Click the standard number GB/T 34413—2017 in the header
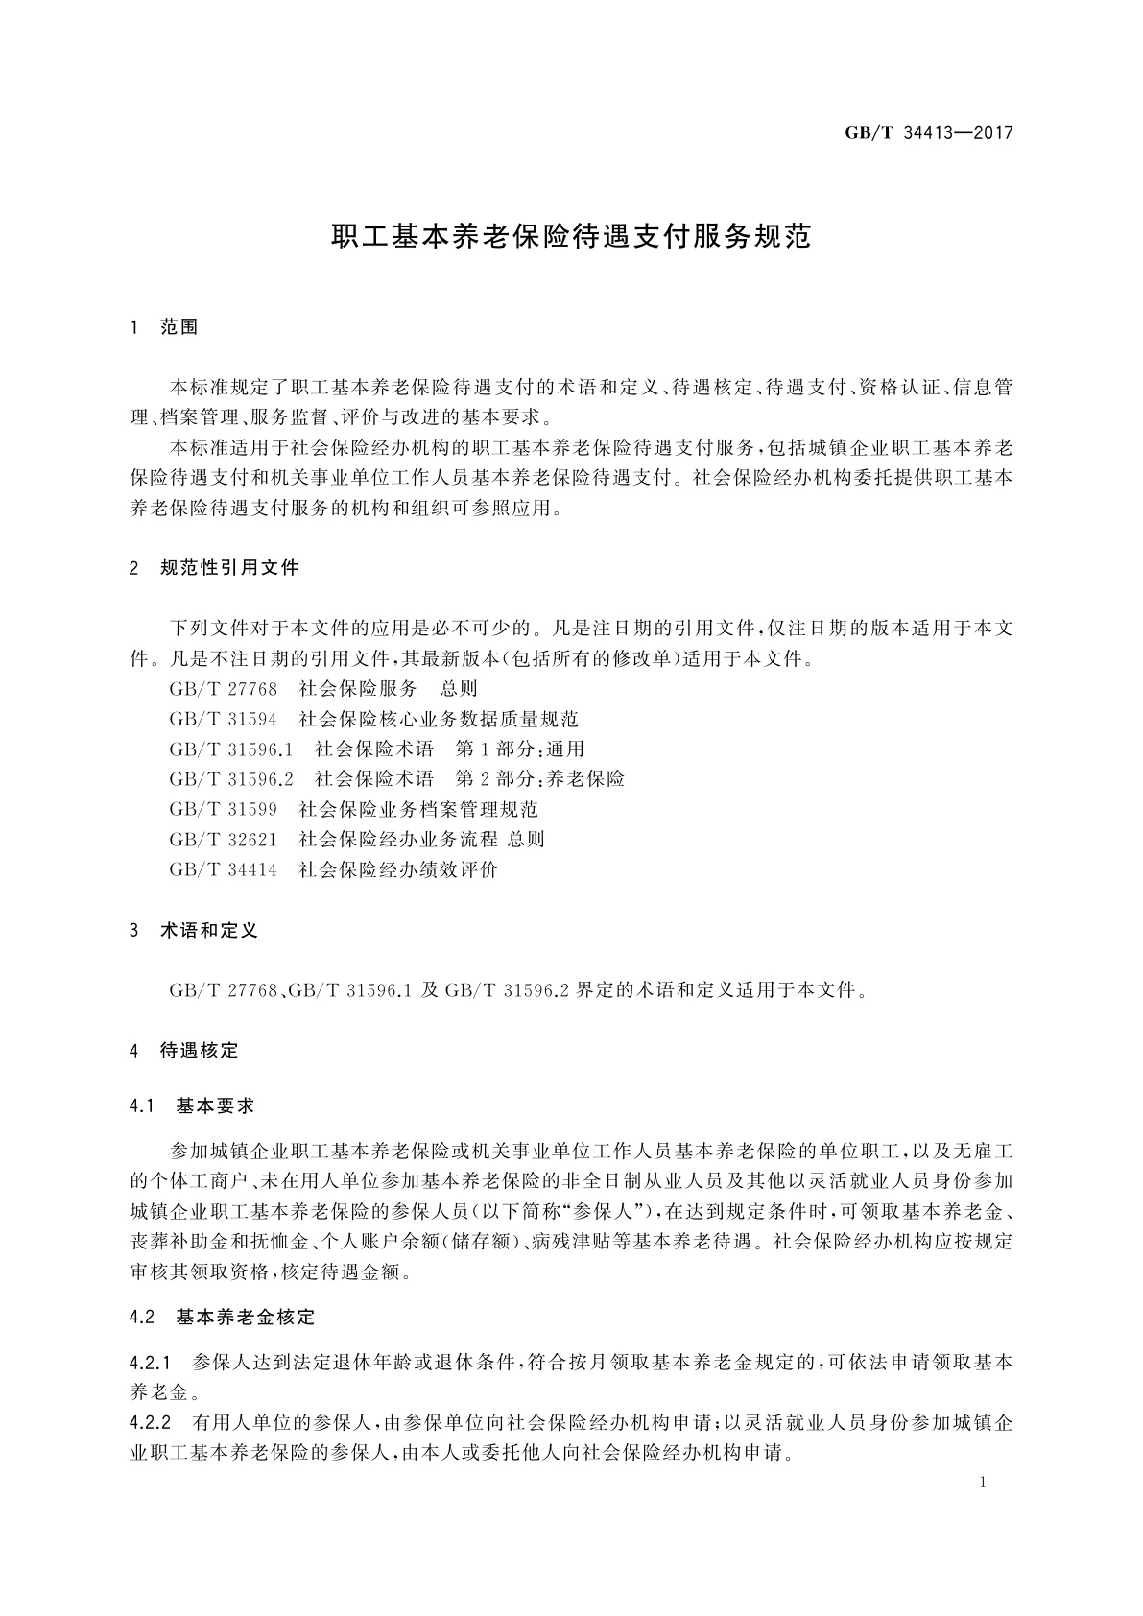[x=928, y=133]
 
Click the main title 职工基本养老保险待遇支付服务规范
[x=571, y=237]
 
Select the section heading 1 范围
[x=164, y=327]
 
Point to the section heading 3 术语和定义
[x=194, y=931]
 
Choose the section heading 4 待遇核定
[x=184, y=1051]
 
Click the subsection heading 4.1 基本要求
[x=192, y=1106]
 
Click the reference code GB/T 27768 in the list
[x=224, y=689]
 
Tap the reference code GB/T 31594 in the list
[x=224, y=719]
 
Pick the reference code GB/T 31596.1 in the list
[x=231, y=749]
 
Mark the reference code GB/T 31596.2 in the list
[x=231, y=779]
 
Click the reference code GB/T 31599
[x=224, y=810]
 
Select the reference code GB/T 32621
[x=224, y=840]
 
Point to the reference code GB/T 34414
[x=224, y=870]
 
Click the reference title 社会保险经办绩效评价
[x=398, y=870]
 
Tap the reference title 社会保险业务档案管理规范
[x=418, y=810]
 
